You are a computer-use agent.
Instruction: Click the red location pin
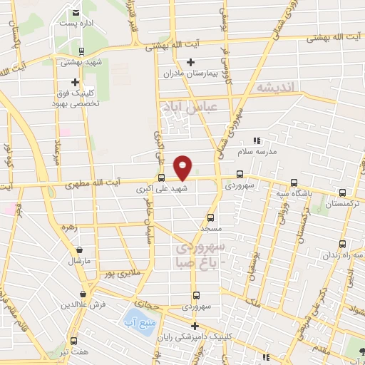[x=183, y=168]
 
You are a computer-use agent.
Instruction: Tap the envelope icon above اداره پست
[x=76, y=14]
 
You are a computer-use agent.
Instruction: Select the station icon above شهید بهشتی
[x=82, y=51]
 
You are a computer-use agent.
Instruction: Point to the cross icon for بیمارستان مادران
[x=190, y=63]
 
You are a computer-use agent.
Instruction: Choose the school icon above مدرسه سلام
[x=257, y=141]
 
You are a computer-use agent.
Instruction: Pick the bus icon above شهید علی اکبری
[x=161, y=178]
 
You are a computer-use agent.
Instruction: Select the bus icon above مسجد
[x=210, y=217]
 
